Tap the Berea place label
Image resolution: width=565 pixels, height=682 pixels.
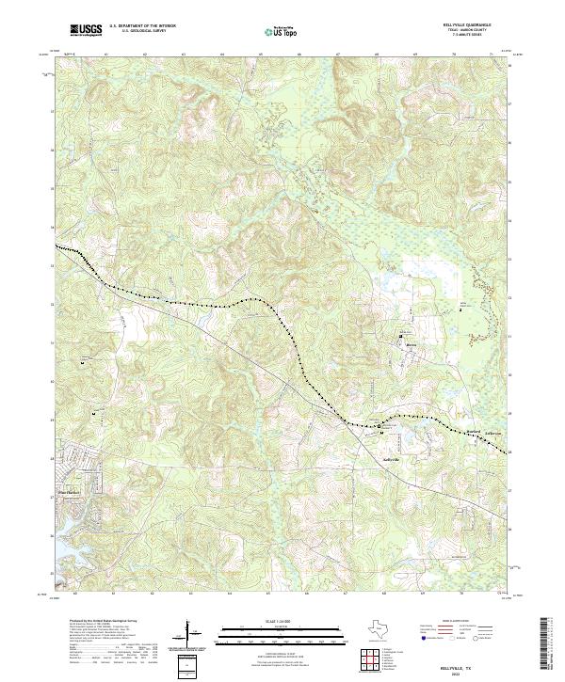point(410,345)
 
